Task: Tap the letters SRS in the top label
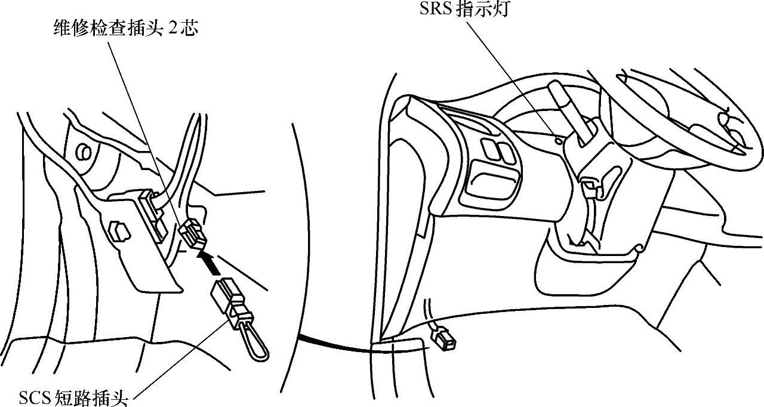point(436,10)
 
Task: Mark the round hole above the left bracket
point(84,152)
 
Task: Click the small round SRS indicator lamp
point(557,141)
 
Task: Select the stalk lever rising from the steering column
point(567,113)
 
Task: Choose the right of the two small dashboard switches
point(504,152)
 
